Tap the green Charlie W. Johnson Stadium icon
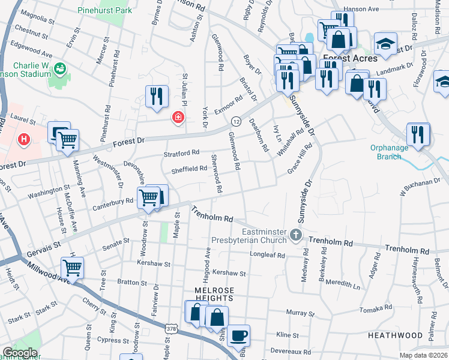(60, 68)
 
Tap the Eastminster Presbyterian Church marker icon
(295, 234)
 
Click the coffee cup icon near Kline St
(240, 335)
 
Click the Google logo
(20, 353)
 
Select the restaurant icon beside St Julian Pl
(157, 96)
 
